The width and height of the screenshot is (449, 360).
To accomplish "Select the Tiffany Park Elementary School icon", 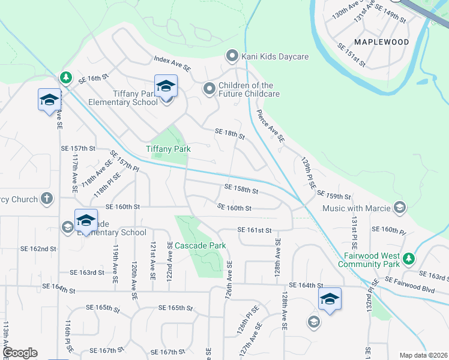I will pos(166,86).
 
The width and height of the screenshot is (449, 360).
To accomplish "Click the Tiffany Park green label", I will pos(164,149).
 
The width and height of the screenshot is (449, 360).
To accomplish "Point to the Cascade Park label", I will pos(200,245).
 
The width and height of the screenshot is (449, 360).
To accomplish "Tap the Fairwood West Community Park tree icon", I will pos(409,259).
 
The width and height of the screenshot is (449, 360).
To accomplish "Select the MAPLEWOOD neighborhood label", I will pos(381,42).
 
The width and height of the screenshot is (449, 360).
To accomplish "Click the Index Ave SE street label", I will pos(172,63).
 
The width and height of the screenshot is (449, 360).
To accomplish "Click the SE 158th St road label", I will pos(241,190).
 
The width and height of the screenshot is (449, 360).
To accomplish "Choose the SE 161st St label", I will pos(255,230).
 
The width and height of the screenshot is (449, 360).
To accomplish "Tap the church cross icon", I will pos(47,199).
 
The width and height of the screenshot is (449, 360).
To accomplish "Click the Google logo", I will pos(19,353).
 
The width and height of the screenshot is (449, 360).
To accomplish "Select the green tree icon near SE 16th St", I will pos(65,78).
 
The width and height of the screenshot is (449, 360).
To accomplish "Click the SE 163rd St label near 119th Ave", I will pos(87,272).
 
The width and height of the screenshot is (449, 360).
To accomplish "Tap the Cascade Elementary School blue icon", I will pos(86,220).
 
